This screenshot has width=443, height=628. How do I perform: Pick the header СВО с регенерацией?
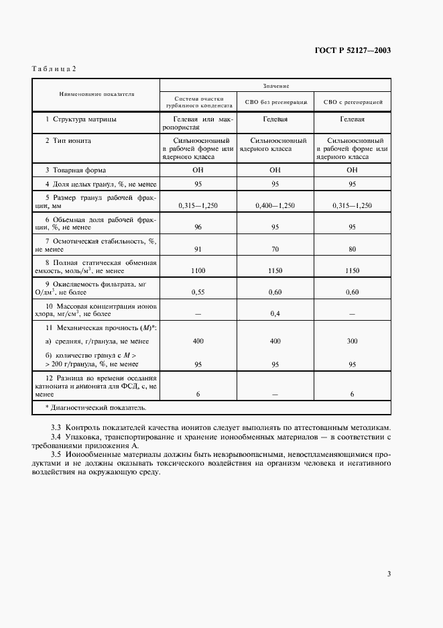tap(353, 103)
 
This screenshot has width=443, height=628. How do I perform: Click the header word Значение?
tap(275, 85)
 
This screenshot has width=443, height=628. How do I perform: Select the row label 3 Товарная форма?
tap(75, 170)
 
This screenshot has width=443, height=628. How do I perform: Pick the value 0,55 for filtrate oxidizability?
tap(198, 293)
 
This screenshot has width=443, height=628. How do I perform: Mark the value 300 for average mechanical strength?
tap(353, 342)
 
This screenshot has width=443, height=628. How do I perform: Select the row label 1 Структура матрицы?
tap(81, 119)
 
